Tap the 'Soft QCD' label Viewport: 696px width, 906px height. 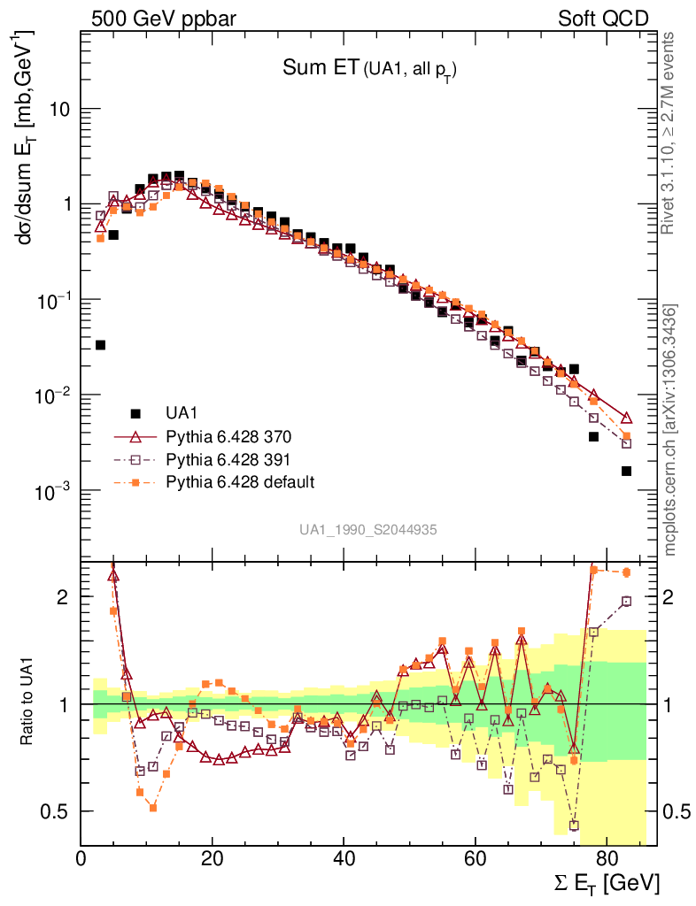[x=603, y=19]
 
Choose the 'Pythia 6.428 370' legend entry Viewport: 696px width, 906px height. [x=228, y=436]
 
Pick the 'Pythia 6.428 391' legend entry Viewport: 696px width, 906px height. [x=228, y=459]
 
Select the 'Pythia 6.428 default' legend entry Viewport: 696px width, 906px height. [x=240, y=481]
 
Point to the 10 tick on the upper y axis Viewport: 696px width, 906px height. [x=58, y=109]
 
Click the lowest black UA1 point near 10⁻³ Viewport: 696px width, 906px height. [x=626, y=471]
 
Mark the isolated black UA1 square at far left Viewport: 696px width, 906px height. [x=100, y=345]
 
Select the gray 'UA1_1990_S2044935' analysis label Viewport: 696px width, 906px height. [x=367, y=529]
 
